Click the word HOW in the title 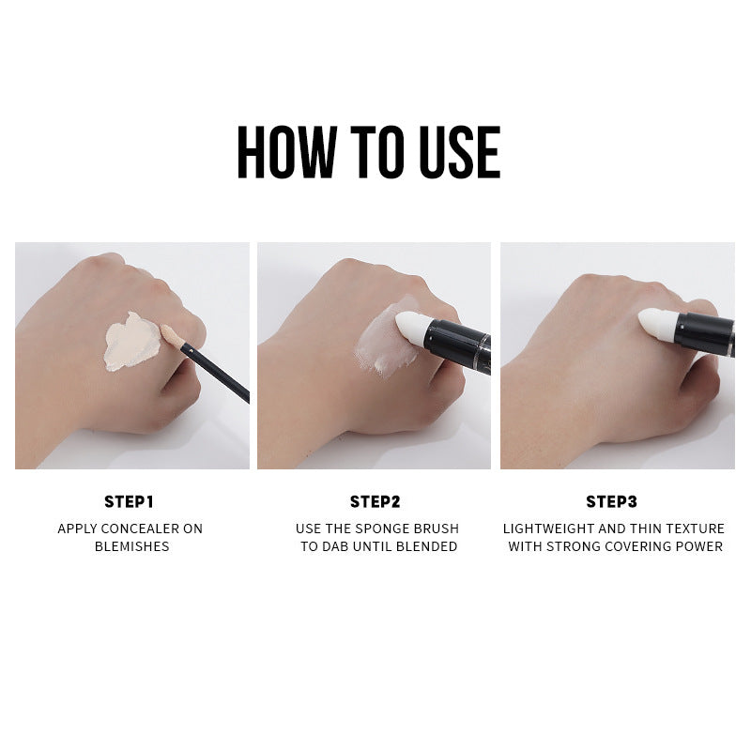(x=287, y=152)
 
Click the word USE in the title (x=460, y=152)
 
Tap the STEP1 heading (x=129, y=501)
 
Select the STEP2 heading (x=375, y=501)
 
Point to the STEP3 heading (x=612, y=501)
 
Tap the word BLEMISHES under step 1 (x=131, y=546)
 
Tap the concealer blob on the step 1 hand (x=131, y=342)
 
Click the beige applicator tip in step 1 (x=172, y=335)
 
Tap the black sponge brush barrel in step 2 (x=458, y=345)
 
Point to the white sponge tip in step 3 (x=658, y=324)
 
